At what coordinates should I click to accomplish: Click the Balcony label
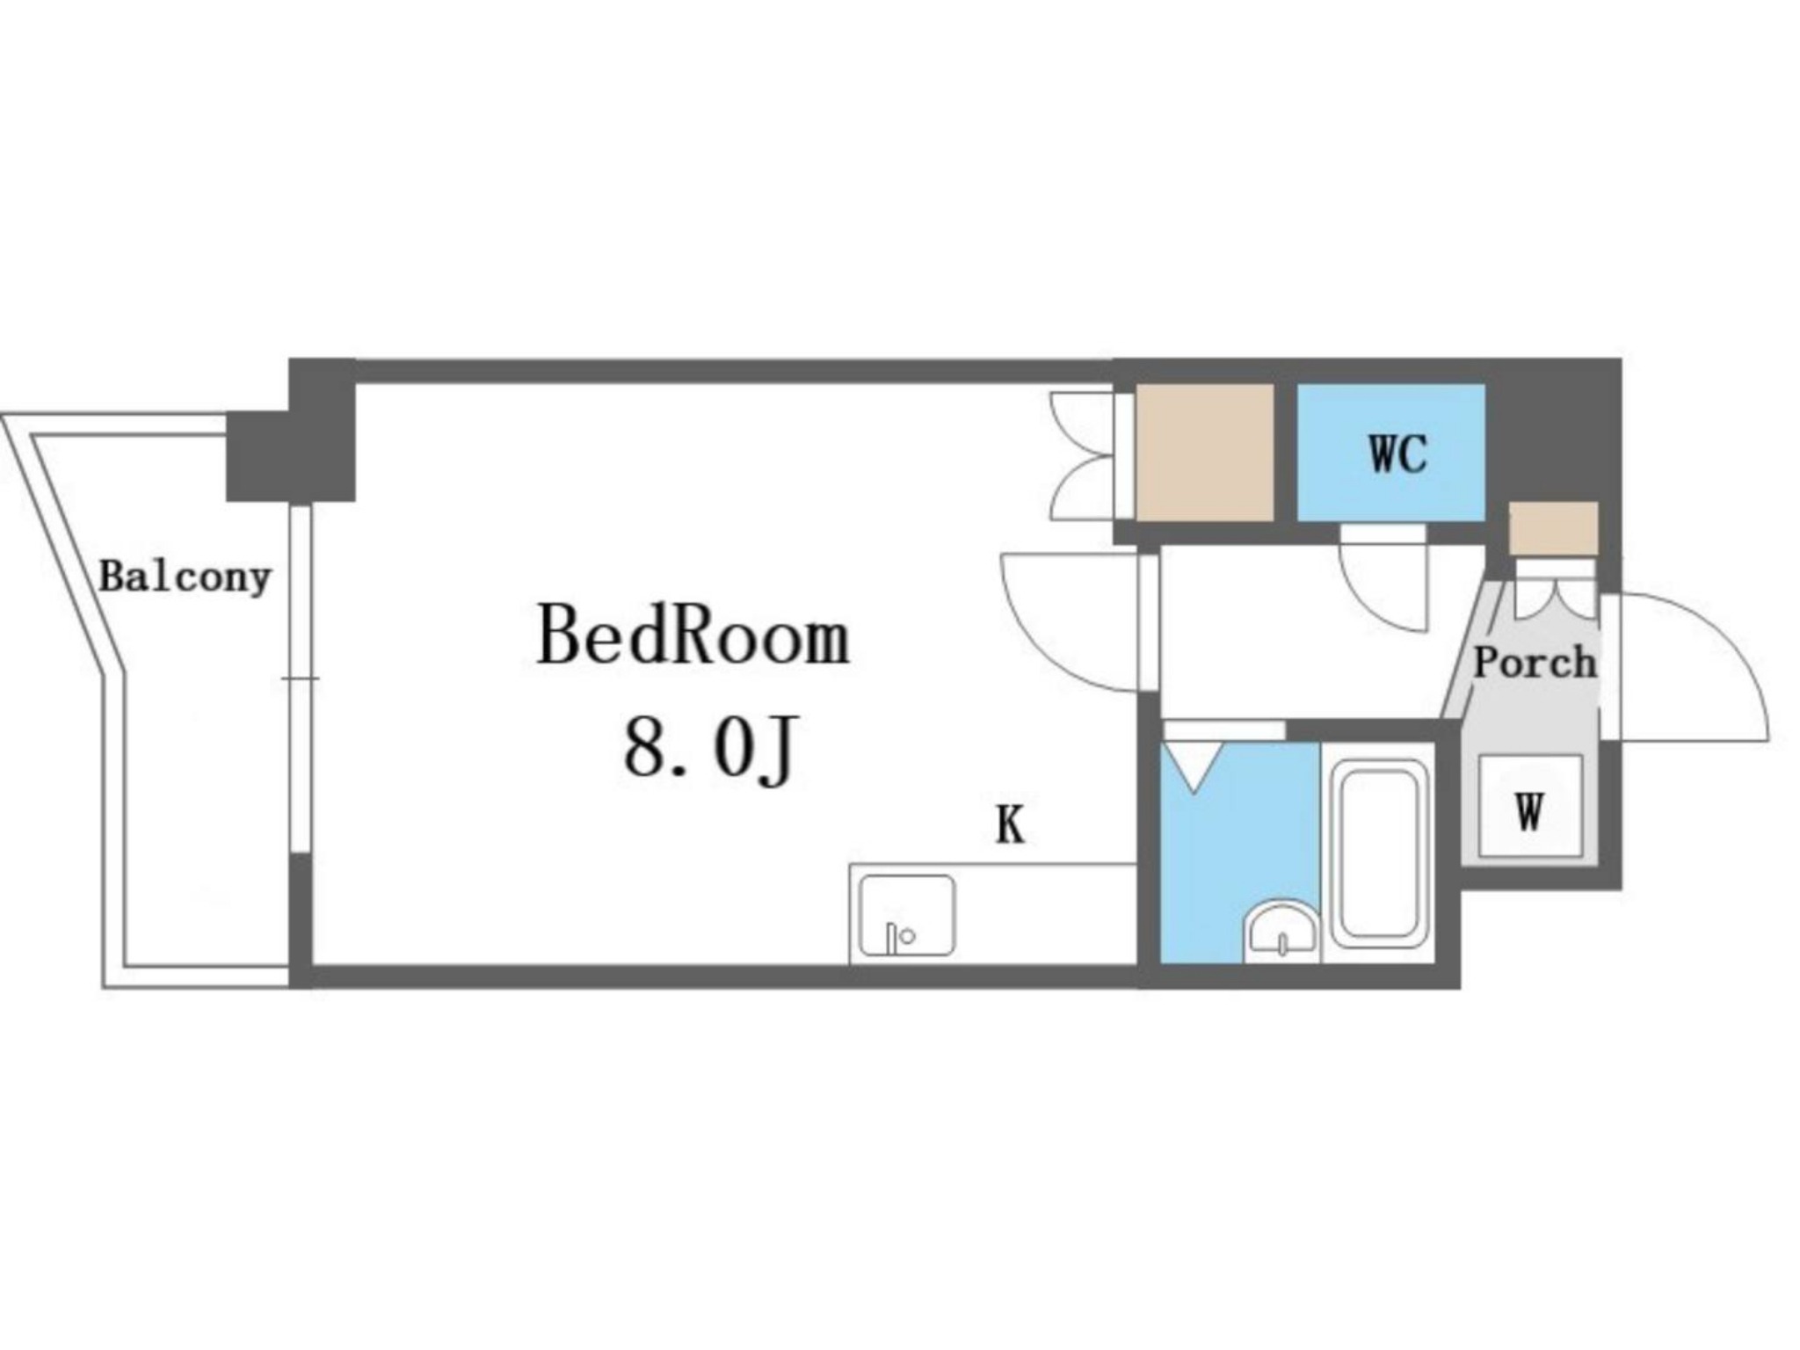[x=185, y=577]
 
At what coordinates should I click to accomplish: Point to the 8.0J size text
[x=710, y=748]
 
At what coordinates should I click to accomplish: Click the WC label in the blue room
[x=1397, y=454]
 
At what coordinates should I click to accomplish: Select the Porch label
[x=1535, y=662]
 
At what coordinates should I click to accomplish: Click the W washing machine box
[x=1530, y=806]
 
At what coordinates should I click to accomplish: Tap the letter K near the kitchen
[x=1010, y=825]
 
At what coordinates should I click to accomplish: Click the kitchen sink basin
[x=907, y=915]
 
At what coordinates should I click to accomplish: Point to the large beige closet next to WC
[x=1204, y=452]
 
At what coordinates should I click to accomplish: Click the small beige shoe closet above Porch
[x=1553, y=528]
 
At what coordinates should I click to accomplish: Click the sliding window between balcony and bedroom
[x=301, y=678]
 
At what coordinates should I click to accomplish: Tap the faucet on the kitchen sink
[x=896, y=936]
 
